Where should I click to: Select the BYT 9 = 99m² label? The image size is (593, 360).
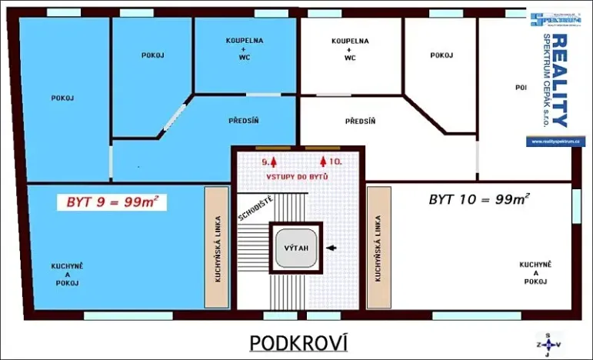click(112, 202)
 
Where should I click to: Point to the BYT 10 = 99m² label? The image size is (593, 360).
click(478, 199)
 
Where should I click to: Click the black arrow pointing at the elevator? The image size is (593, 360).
click(331, 248)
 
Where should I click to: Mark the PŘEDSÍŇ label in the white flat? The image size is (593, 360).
click(360, 121)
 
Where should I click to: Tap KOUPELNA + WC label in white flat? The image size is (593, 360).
click(350, 48)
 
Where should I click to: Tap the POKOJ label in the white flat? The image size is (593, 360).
click(441, 55)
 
